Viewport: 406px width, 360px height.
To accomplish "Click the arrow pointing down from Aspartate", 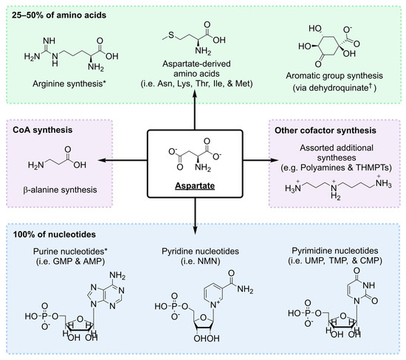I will [x=202, y=211].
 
